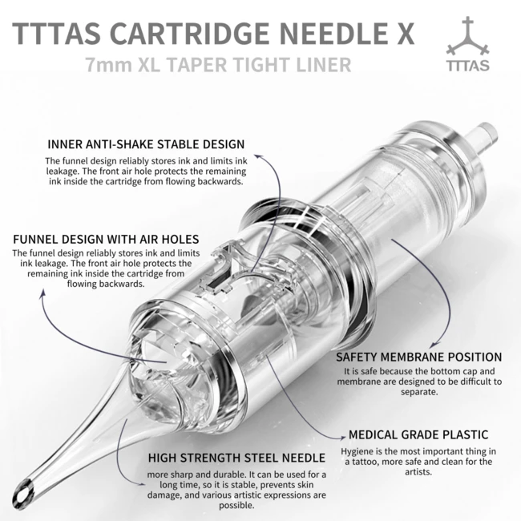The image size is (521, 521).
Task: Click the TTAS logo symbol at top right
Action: point(470,37)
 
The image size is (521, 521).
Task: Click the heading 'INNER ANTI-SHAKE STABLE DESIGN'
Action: point(145,144)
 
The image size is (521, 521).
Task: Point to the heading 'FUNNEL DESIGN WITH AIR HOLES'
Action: point(106,239)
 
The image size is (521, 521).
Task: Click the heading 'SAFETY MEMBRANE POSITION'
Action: point(418,357)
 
